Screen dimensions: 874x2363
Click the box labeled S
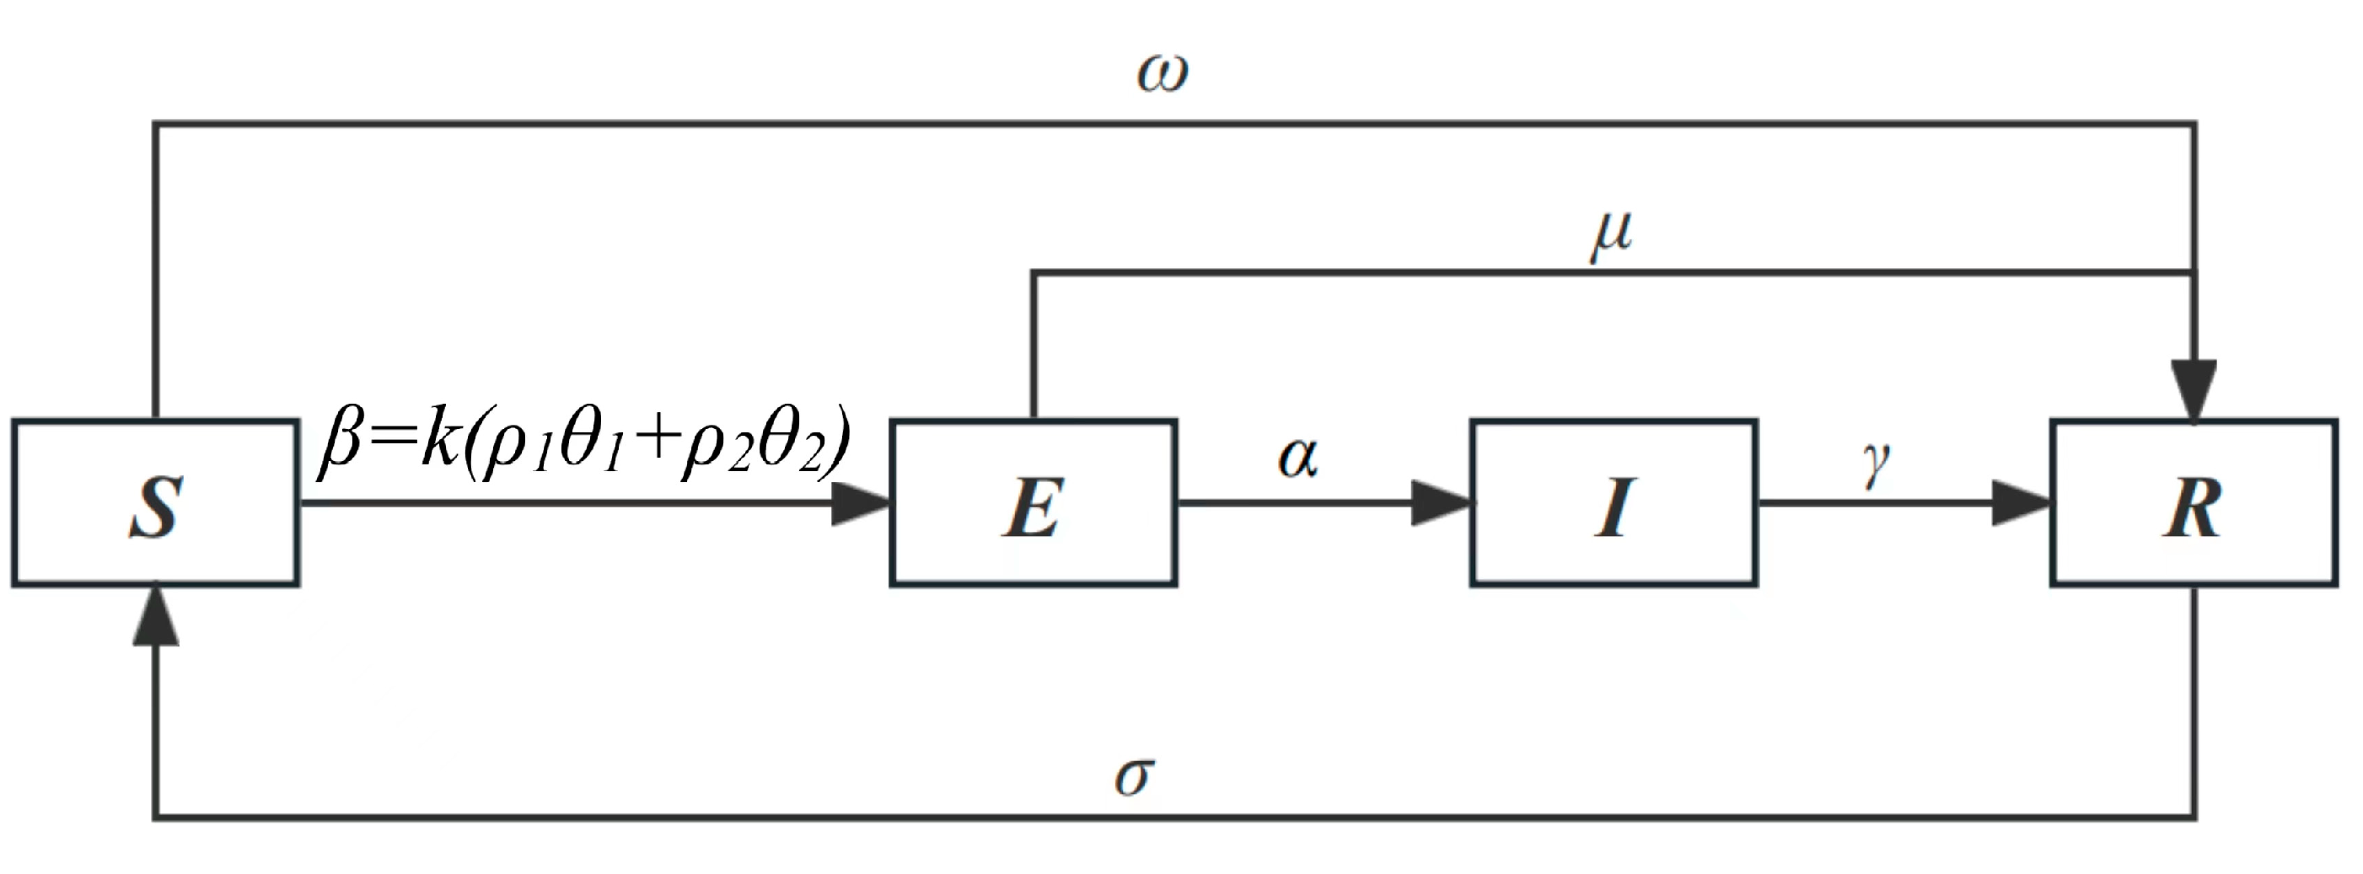pos(155,502)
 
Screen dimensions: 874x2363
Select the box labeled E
pos(1033,502)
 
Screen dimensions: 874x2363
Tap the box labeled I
pos(1614,502)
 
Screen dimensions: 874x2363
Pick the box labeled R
pos(2194,502)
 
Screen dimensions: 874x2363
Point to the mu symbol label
pos(1611,236)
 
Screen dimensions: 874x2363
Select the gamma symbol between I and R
pos(1877,464)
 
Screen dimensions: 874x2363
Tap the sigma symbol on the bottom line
pos(1133,777)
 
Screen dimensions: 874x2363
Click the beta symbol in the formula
pos(341,447)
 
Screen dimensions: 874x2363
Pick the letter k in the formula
pos(441,441)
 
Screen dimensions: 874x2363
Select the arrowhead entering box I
pos(1439,503)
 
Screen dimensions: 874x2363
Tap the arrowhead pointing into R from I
pos(2020,503)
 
